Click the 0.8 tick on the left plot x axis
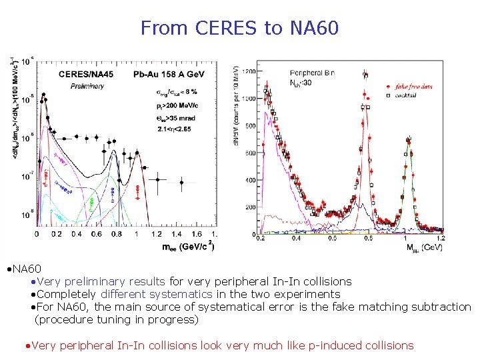pyautogui.click(x=116, y=235)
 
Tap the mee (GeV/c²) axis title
pyautogui.click(x=189, y=247)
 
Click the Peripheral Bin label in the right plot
pyautogui.click(x=312, y=72)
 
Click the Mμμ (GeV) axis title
pyautogui.click(x=423, y=247)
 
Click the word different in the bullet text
pyautogui.click(x=123, y=294)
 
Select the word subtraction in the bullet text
pyautogui.click(x=439, y=307)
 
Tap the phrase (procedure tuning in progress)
pyautogui.click(x=117, y=319)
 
